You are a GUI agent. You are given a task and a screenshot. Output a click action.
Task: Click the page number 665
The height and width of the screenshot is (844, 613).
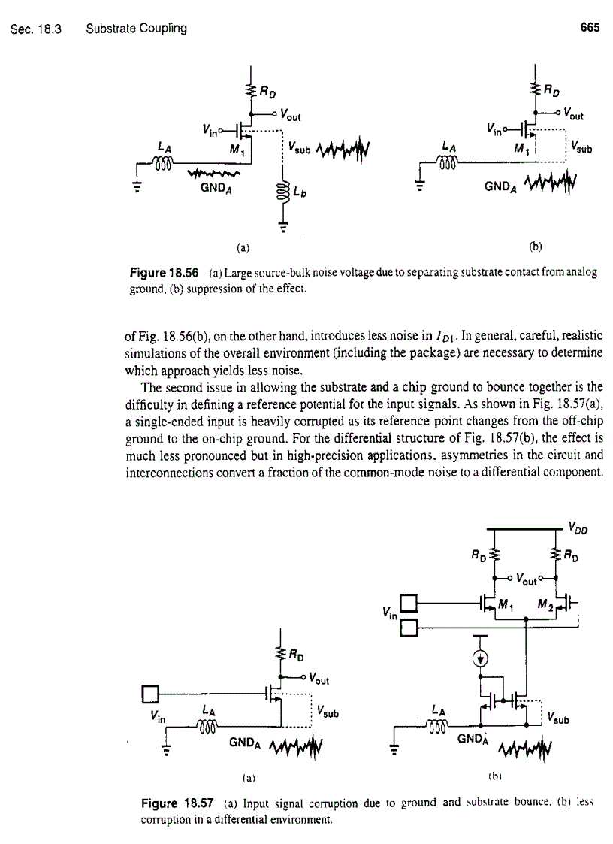(590, 29)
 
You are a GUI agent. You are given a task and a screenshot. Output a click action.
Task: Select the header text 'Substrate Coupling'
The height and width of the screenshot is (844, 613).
(136, 29)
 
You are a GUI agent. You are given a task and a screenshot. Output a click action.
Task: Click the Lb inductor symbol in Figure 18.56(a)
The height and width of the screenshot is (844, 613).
(283, 191)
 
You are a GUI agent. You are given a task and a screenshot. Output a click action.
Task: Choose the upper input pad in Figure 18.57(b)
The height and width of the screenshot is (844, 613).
(408, 602)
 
